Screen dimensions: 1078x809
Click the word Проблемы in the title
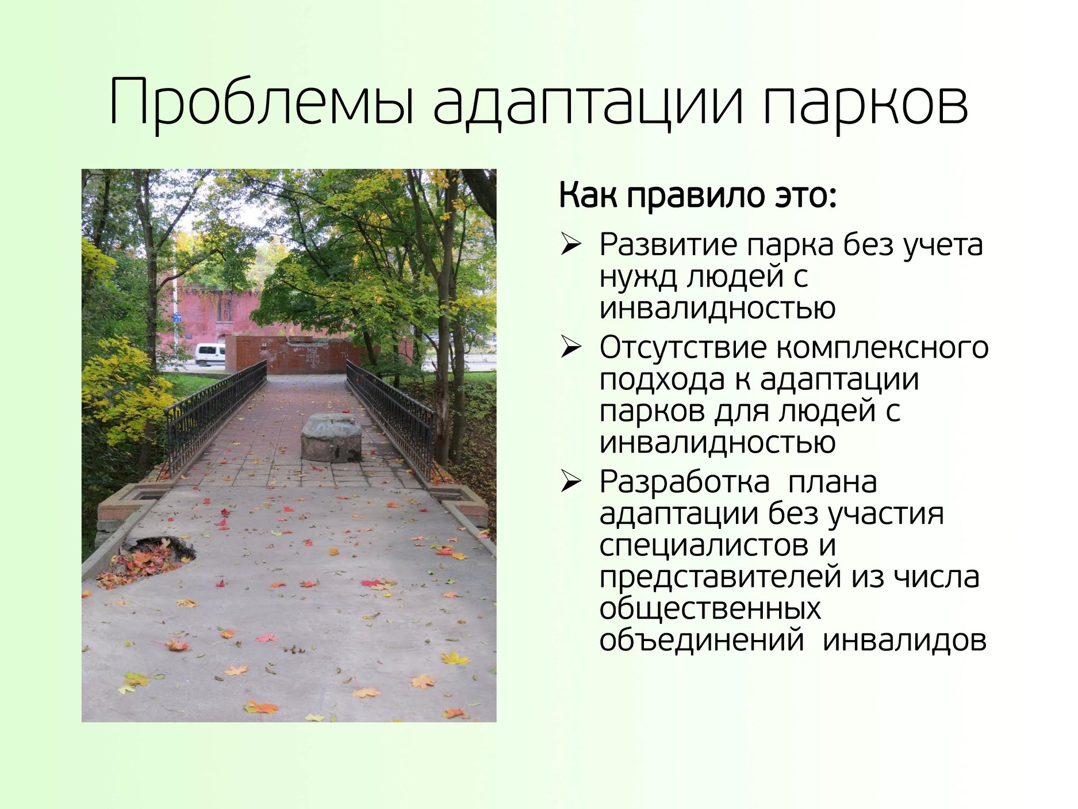tap(262, 102)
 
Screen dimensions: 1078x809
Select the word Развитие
tap(668, 245)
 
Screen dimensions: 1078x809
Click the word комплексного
tap(882, 349)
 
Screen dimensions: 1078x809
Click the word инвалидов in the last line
tap(904, 641)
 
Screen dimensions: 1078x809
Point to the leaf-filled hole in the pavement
tap(151, 561)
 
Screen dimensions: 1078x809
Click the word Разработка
tap(684, 482)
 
